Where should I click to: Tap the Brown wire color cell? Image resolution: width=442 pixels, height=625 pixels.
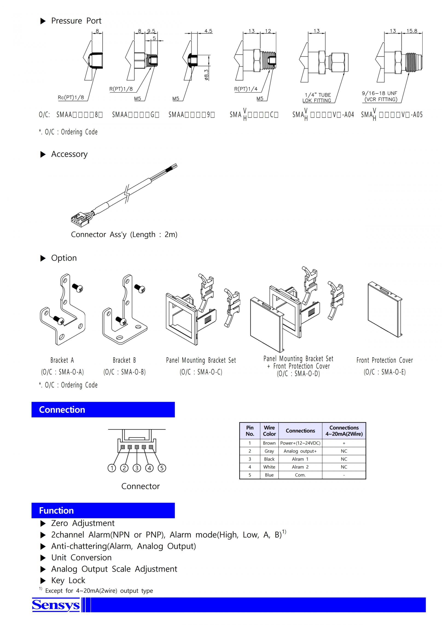pos(269,443)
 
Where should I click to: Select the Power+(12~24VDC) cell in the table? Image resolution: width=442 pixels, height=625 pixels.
pos(300,443)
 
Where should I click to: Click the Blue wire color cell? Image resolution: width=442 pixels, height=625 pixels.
pos(269,475)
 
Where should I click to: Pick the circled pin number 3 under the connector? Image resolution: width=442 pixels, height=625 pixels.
pos(137,468)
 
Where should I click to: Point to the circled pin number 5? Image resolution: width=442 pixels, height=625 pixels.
pos(162,468)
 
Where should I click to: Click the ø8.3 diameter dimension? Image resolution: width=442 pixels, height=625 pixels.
pos(206,75)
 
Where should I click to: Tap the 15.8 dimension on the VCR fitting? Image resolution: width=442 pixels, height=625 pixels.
pos(412,31)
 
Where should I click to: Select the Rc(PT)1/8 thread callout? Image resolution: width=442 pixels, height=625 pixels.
pos(71,97)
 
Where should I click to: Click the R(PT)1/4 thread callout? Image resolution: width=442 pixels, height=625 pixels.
pos(245,89)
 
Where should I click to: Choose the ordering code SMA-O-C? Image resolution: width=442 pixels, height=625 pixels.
pos(201,372)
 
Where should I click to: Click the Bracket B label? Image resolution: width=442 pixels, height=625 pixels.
pos(124,360)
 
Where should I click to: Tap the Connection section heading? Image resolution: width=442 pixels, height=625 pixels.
pos(62,410)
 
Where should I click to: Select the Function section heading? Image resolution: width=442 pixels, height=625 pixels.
pos(56,510)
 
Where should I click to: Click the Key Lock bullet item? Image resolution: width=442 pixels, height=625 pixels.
pos(68,580)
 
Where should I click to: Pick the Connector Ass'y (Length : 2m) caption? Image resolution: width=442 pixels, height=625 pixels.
pos(124,234)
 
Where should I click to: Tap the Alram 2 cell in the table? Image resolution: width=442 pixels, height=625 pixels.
pos(300,467)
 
